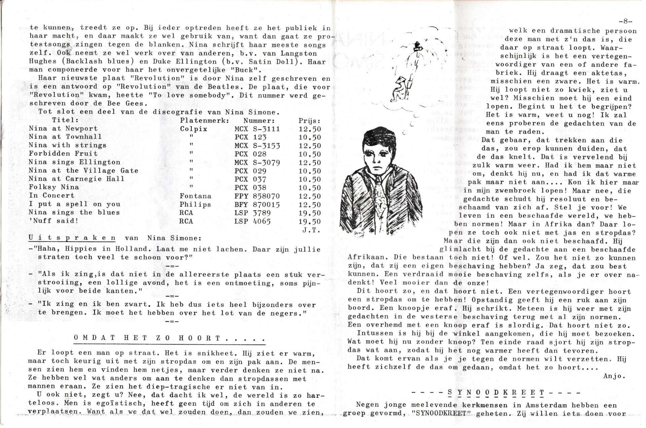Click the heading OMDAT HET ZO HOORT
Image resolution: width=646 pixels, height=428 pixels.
coord(170,338)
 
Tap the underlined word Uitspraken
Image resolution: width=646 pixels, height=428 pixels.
coord(72,238)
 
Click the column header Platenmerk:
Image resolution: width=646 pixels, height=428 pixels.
coord(205,120)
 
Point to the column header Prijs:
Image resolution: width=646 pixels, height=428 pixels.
coord(309,120)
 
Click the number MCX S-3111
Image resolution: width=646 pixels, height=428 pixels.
coord(257,129)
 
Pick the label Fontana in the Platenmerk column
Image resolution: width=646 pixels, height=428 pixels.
coord(195,196)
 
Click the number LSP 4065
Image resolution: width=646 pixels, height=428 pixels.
coord(252,221)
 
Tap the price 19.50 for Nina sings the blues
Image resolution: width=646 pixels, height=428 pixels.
coord(310,213)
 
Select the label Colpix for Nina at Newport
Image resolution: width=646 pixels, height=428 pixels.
coord(193,129)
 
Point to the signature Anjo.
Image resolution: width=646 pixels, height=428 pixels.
coord(614,376)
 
